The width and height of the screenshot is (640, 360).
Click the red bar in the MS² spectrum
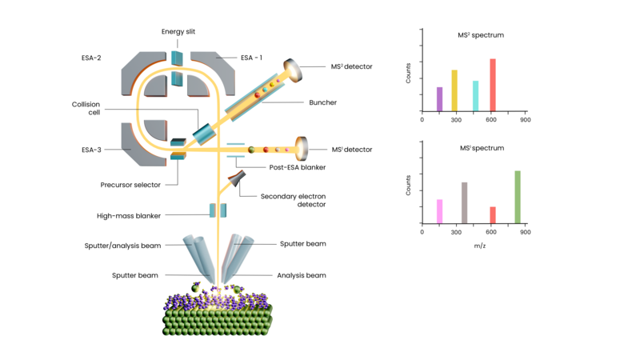coord(493,85)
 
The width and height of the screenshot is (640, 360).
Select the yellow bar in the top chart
coord(454,90)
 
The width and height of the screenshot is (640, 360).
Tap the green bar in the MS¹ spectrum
coord(518,197)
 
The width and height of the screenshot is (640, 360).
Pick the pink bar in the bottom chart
coord(440,211)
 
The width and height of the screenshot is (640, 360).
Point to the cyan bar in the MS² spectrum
coord(476,96)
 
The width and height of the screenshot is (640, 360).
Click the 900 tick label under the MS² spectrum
coord(524,120)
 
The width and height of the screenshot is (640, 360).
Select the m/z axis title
coord(479,246)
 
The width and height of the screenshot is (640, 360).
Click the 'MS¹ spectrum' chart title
coord(482,148)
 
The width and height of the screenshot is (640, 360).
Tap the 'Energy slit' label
coord(178,32)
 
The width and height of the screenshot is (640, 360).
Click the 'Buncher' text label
coord(322,102)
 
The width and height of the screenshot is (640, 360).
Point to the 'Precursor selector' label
coord(130,185)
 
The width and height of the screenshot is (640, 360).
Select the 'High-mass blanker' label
coord(128,216)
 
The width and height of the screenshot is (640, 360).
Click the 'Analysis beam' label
coord(301,275)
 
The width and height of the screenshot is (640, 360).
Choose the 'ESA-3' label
coord(90,150)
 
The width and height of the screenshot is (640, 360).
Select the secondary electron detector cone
coord(238,180)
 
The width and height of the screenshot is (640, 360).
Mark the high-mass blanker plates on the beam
coord(218,210)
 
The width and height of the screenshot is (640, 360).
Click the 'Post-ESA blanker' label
coord(297,167)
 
